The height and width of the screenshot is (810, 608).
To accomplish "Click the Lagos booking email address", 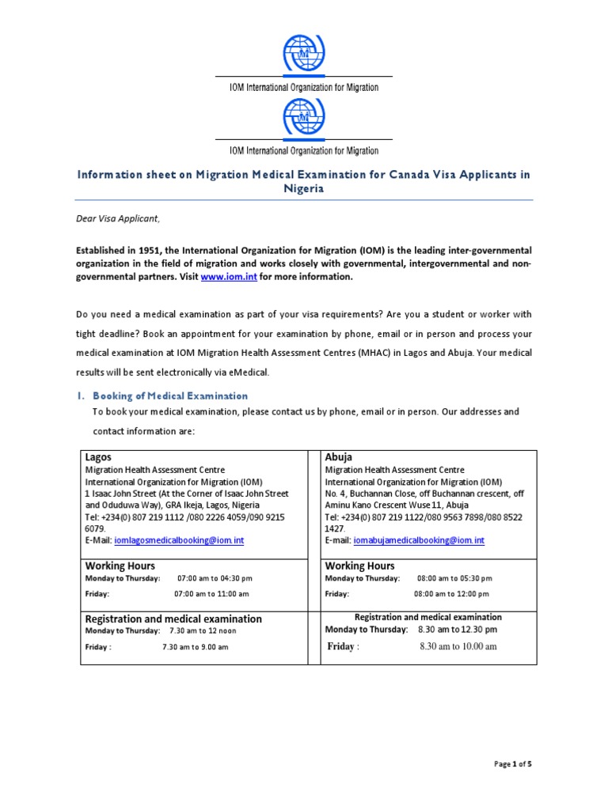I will click(179, 540).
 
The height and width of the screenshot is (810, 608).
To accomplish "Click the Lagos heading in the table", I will click(98, 457).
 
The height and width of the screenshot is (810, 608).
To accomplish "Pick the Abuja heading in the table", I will click(339, 457).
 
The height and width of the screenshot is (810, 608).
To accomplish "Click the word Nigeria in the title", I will click(304, 190).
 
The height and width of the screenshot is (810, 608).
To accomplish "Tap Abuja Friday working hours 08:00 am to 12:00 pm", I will click(451, 593).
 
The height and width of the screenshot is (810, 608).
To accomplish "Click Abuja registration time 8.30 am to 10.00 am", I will click(458, 646).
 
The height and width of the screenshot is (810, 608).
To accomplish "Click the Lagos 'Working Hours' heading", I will click(120, 566).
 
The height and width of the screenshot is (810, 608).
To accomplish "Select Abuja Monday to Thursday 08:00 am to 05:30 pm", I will click(454, 578).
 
